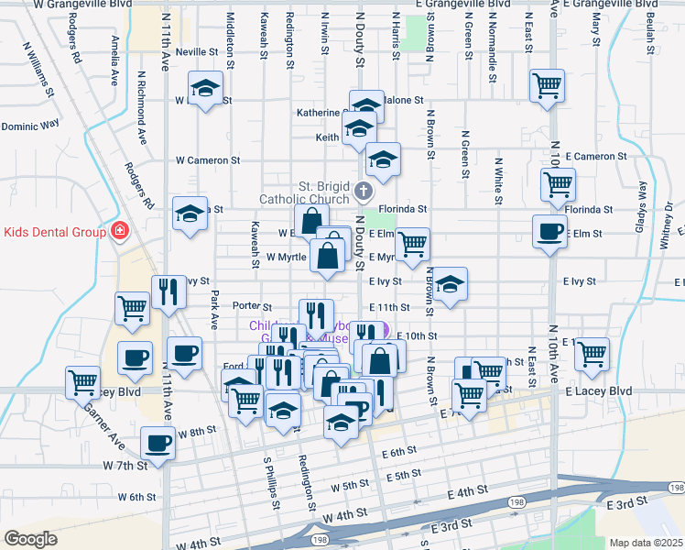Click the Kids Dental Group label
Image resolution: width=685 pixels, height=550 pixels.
55,232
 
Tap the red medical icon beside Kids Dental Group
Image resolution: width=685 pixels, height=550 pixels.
118,231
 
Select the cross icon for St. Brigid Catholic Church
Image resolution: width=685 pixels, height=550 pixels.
364,192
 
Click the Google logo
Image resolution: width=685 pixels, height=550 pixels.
30,539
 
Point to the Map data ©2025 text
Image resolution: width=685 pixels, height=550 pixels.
646,543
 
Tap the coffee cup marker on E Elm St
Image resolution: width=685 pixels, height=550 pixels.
549,232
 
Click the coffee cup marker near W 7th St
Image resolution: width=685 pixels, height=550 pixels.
157,445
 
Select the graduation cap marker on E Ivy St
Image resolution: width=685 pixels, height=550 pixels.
450,285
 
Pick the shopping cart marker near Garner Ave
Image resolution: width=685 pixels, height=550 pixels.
83,380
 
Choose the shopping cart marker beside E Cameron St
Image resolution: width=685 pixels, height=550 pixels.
558,185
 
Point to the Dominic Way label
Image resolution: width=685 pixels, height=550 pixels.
30,123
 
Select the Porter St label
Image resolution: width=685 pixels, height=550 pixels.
253,306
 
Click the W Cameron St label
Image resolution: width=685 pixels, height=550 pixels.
209,159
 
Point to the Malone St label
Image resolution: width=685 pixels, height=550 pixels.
403,100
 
